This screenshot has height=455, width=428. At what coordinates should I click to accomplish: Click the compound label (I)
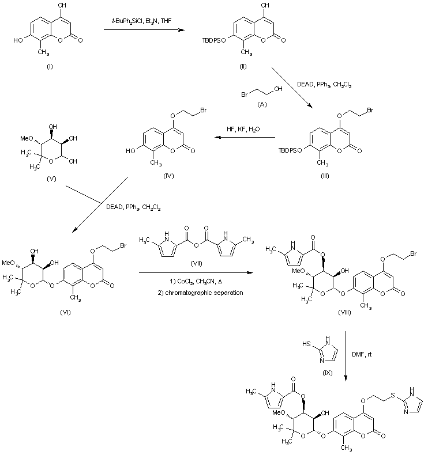(50, 67)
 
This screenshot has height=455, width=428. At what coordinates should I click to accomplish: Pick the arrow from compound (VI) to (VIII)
(196, 272)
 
